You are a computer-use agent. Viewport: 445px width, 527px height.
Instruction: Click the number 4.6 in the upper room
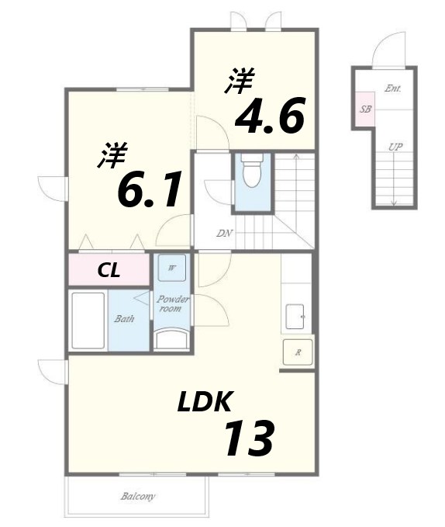269,116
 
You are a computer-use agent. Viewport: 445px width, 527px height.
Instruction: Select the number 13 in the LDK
248,439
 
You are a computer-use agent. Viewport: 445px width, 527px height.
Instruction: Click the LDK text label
205,402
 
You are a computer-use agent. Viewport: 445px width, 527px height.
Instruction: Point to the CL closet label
108,271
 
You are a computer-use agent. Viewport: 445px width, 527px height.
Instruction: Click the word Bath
124,318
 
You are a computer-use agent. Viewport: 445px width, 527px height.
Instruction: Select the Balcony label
138,496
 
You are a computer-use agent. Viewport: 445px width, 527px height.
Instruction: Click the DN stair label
224,234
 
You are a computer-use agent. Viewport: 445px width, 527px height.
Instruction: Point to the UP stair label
395,147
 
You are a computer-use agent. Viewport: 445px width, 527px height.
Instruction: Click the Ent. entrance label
392,88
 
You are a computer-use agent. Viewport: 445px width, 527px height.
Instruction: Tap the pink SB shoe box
365,109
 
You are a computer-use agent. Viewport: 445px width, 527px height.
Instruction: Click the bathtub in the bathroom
88,321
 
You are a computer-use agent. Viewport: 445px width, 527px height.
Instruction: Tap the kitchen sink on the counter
297,317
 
